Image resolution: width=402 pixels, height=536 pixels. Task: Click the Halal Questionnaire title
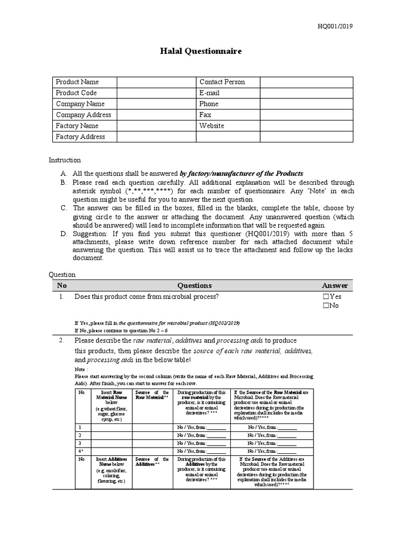pyautogui.click(x=200, y=51)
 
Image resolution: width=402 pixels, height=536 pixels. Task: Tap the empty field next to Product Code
pyautogui.click(x=156, y=93)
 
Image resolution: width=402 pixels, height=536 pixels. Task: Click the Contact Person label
pyautogui.click(x=222, y=82)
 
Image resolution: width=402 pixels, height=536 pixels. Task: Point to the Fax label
pyautogui.click(x=205, y=115)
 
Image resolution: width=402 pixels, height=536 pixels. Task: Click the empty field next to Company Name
pyautogui.click(x=156, y=104)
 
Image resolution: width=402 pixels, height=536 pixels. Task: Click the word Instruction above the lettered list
pyautogui.click(x=65, y=160)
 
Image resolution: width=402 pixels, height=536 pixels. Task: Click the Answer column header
pyautogui.click(x=334, y=285)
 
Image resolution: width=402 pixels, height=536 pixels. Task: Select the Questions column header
pyautogui.click(x=195, y=285)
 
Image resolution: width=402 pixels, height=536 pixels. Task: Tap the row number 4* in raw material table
pyautogui.click(x=80, y=451)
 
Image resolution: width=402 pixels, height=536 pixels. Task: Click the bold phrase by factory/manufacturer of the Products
pyautogui.click(x=241, y=173)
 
